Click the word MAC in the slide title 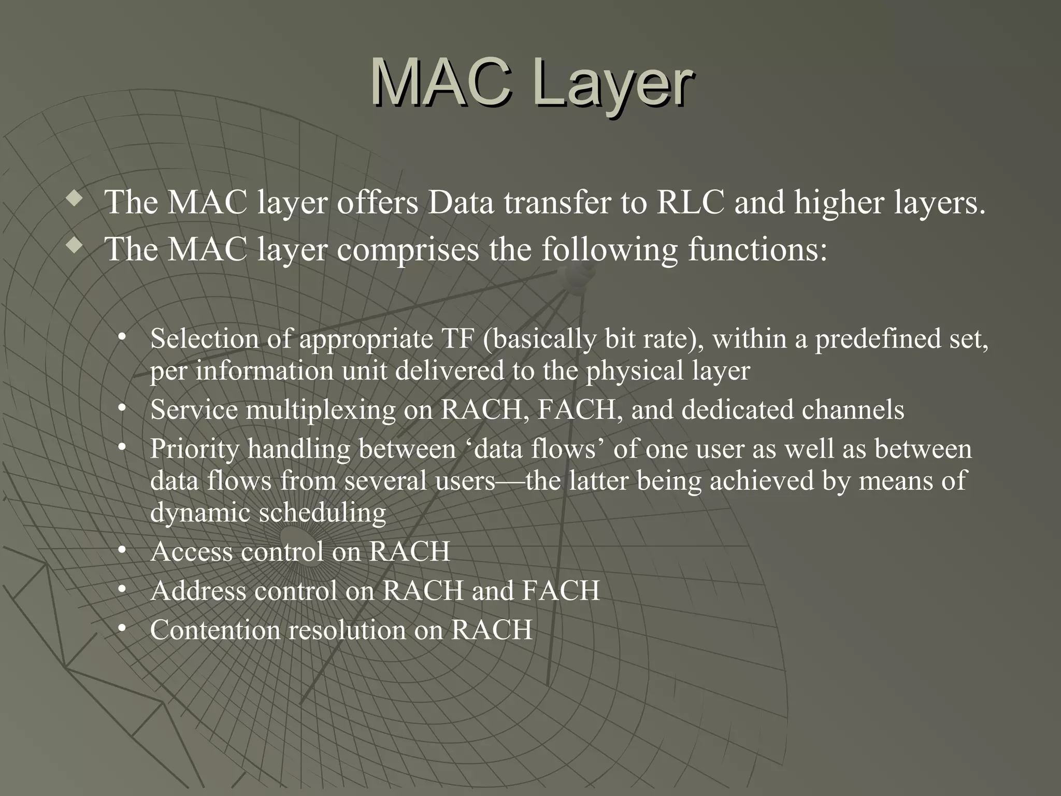click(440, 83)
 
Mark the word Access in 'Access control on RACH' click(191, 551)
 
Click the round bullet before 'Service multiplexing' click(122, 409)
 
